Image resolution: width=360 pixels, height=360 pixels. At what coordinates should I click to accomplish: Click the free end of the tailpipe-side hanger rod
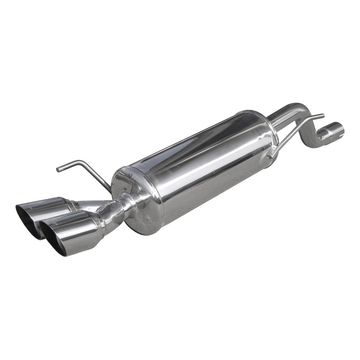58,169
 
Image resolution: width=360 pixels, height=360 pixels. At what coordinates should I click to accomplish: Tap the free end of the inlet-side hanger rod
322,115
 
